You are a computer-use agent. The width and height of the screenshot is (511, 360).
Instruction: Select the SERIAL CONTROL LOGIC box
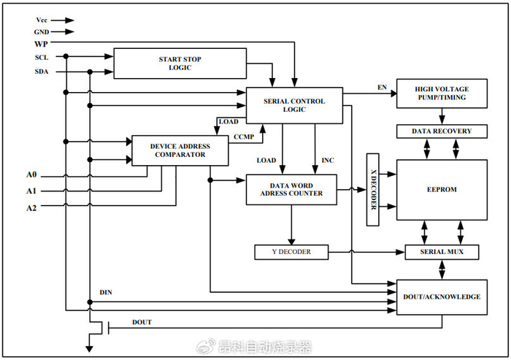(x=293, y=105)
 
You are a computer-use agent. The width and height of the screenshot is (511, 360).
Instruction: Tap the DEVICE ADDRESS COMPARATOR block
(x=180, y=150)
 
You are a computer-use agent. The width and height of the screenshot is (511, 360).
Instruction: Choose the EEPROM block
(x=441, y=189)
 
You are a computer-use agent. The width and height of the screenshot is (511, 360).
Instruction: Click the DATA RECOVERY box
(x=441, y=131)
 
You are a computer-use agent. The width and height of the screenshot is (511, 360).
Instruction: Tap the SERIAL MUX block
(x=441, y=252)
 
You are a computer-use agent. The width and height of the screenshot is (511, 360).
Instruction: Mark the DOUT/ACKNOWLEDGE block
(x=441, y=296)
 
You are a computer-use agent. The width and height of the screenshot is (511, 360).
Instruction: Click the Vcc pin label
(x=41, y=20)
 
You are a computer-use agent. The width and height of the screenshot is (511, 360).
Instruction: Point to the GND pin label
(x=41, y=32)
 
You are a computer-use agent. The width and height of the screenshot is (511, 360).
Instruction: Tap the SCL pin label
(x=42, y=56)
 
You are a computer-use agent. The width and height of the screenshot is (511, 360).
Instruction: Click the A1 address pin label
(x=31, y=191)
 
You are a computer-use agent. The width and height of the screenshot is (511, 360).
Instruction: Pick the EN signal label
(x=382, y=88)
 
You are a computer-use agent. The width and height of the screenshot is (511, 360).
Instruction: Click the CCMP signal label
(x=243, y=137)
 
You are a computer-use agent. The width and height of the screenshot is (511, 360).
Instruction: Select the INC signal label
(x=328, y=160)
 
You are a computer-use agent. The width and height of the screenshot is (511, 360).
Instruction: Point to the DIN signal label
(x=106, y=292)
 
